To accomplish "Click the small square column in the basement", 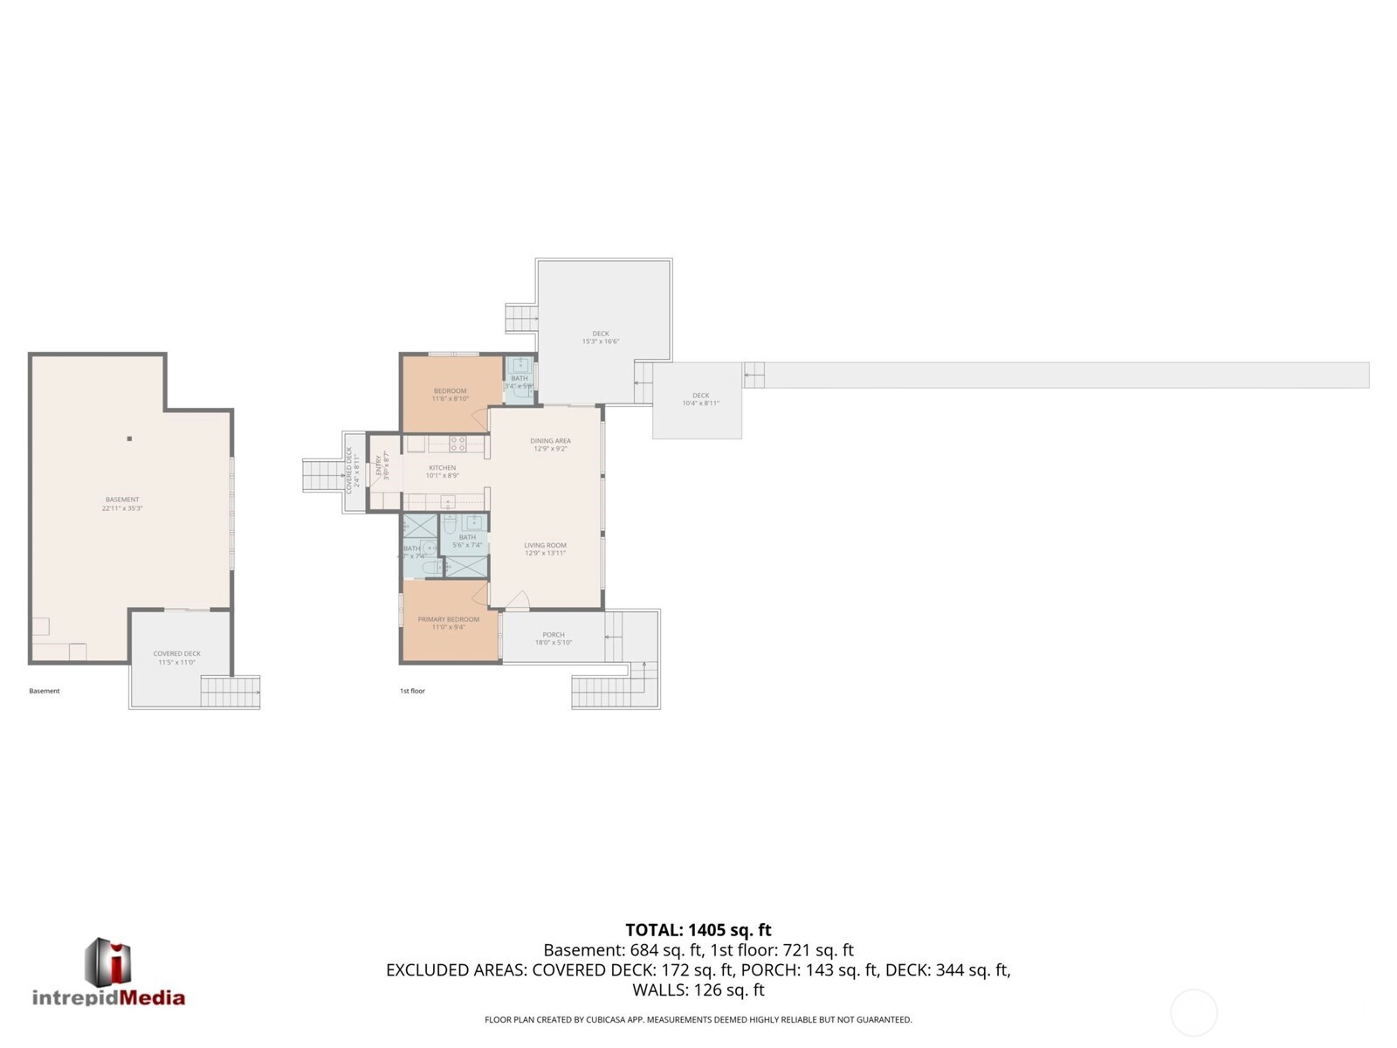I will tap(129, 438).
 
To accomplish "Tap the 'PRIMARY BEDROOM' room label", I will tap(448, 619).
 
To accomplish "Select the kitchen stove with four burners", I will tap(458, 444).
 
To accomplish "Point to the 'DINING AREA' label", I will tap(550, 441).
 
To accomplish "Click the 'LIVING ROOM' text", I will tap(545, 546).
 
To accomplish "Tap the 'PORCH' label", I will tap(554, 635).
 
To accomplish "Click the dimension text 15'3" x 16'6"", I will tap(601, 341).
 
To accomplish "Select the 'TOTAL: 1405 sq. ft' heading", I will tap(698, 930).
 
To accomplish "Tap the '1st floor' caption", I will tap(412, 691).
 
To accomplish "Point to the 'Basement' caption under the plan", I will tap(45, 691).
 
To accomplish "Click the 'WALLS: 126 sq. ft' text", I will tap(698, 990).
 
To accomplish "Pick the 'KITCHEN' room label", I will tap(442, 468).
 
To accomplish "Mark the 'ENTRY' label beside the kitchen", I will tap(379, 465).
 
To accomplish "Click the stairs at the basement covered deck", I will tap(230, 692).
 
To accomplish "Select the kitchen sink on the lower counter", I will tap(447, 501).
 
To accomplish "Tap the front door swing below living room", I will tap(518, 601).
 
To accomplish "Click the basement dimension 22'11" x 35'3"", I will tap(122, 508).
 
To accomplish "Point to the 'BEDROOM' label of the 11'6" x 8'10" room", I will tap(450, 390).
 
